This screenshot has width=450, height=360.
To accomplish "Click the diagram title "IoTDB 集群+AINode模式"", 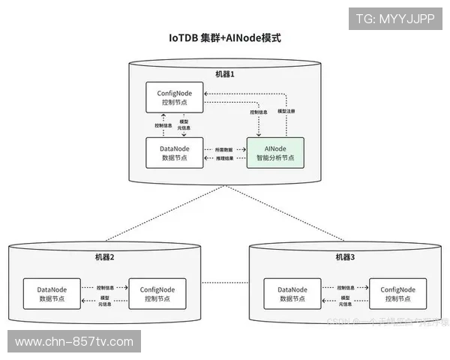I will point(224,37).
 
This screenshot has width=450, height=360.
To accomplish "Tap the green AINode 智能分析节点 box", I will point(274,152).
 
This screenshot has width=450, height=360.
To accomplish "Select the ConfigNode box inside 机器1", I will point(175,98).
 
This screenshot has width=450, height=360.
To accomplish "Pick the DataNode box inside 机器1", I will point(174,152).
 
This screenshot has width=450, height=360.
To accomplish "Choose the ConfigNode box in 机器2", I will point(157,293).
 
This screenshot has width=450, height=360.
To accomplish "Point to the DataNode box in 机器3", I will point(292,293).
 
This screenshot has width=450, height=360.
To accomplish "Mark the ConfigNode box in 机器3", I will point(397,293).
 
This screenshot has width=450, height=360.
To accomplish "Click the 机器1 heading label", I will point(225,74).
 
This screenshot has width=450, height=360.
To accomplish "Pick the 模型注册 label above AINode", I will point(286,111).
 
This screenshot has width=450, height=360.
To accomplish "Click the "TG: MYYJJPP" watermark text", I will point(394,19).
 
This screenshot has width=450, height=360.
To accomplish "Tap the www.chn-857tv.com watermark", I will point(73,342).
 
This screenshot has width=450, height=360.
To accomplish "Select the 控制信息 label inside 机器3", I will point(346,287).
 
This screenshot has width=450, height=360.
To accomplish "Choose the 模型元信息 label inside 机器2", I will point(106,301).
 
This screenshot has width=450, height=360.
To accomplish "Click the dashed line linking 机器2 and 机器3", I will point(225,283).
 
